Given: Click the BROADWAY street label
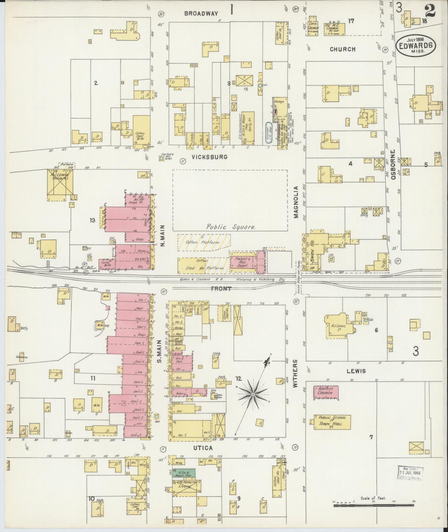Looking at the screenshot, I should pos(201,13).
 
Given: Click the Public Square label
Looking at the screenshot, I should pos(231,227).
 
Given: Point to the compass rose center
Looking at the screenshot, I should pos(253,394).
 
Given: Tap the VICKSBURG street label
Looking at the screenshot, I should pos(210,157).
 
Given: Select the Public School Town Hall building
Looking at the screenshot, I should pos(332,422).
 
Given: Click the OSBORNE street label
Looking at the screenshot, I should pos(393,165).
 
